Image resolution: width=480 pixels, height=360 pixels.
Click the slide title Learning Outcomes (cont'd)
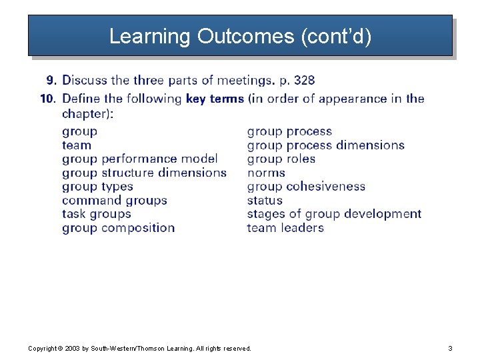coord(240,36)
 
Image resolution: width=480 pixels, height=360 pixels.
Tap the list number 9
coord(51,81)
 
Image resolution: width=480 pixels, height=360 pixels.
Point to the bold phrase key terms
coord(215,99)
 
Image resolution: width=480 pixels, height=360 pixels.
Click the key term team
coord(77,145)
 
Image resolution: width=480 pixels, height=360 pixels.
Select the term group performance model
coord(140,159)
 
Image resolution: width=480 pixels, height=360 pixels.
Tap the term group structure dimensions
coord(144,173)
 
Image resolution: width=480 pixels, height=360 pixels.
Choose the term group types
coord(97,187)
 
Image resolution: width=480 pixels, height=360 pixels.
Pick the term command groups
coord(115,200)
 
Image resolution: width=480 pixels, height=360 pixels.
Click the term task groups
coord(96,214)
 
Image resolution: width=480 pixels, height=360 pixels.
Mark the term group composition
coord(118,228)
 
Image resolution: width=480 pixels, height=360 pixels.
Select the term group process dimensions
coord(325,145)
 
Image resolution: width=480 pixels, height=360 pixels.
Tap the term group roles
coord(281,159)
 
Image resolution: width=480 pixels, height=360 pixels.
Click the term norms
coord(265,173)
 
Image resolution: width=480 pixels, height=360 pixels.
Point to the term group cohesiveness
coord(306,187)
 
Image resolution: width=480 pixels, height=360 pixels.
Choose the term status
coord(265,200)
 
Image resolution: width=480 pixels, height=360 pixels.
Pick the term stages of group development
coord(334,214)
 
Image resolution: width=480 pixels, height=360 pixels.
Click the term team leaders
coord(285,228)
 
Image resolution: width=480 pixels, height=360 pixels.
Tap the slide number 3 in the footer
coord(450,349)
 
